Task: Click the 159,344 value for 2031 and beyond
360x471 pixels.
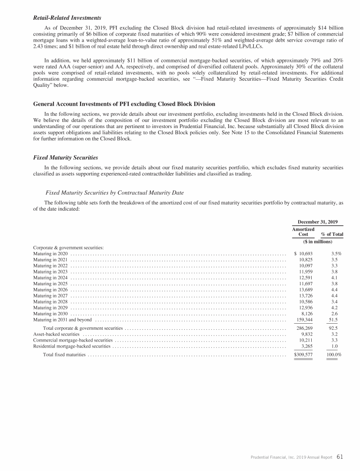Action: pyautogui.click(x=305, y=320)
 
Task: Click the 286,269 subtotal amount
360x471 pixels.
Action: pyautogui.click(x=305, y=328)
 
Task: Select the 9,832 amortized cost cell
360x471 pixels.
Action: pyautogui.click(x=307, y=334)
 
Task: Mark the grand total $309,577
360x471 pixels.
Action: pyautogui.click(x=303, y=355)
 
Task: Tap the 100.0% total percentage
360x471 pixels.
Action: pyautogui.click(x=334, y=355)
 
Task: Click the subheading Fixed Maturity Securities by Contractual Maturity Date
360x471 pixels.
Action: pyautogui.click(x=114, y=193)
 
